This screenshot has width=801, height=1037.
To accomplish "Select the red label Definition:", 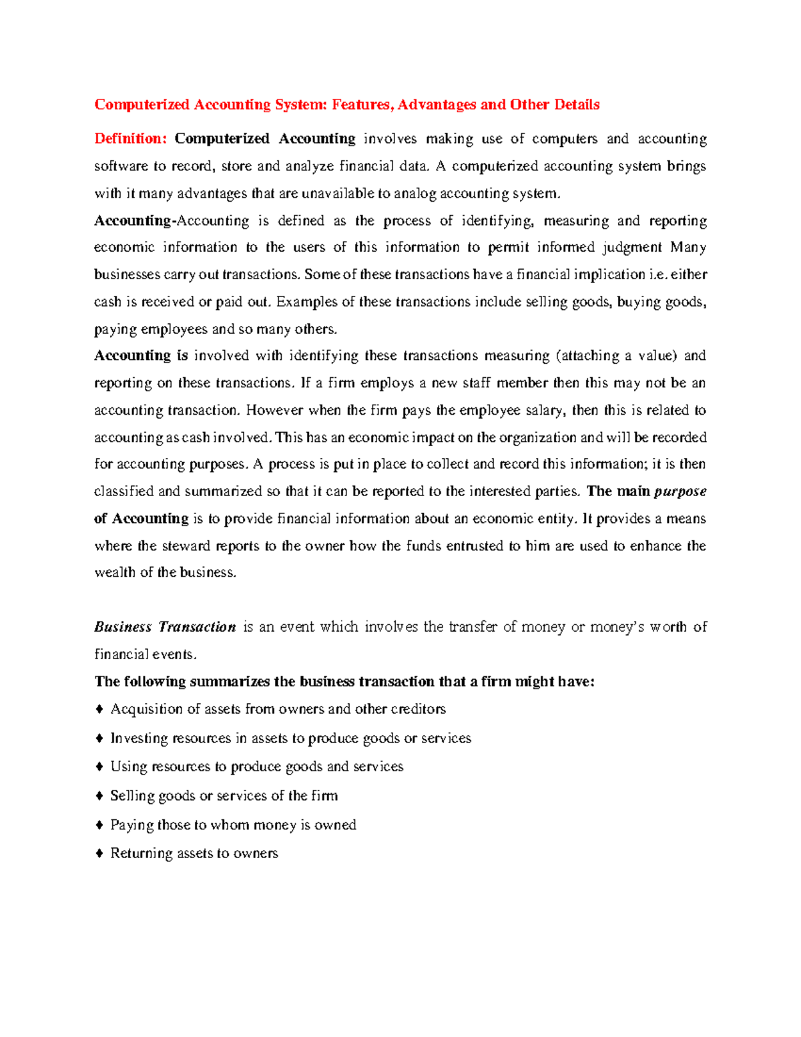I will point(130,139).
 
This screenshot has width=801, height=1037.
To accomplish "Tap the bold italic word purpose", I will point(680,492).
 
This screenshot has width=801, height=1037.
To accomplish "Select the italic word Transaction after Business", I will point(198,628).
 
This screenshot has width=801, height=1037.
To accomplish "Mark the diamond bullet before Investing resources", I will point(99,738).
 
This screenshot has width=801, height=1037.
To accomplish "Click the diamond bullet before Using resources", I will point(99,767).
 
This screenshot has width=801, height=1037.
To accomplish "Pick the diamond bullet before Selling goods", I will point(99,796).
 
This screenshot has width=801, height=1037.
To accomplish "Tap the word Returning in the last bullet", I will point(141,853).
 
